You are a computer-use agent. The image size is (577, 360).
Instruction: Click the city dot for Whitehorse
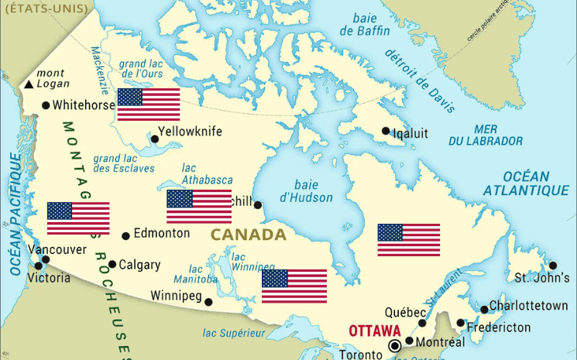tap(46, 105)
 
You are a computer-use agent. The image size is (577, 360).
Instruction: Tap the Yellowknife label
tap(190, 132)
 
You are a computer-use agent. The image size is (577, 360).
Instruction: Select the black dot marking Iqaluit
tap(386, 132)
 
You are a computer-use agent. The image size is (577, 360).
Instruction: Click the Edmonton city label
tap(161, 233)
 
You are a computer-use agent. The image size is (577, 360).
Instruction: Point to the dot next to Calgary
tap(112, 264)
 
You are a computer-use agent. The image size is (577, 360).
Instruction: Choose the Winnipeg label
tap(176, 296)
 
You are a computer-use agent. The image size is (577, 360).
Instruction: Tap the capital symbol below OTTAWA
tap(396, 345)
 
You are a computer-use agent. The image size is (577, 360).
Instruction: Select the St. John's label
tap(542, 278)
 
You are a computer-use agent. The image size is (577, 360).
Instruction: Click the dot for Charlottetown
tap(484, 310)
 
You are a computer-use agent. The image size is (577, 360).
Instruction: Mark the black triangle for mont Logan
tap(29, 84)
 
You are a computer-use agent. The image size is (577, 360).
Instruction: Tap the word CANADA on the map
tap(248, 234)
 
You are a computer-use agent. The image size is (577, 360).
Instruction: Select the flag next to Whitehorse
tap(149, 105)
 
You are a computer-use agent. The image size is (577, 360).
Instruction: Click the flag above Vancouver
tap(78, 218)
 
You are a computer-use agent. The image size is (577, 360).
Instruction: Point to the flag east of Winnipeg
tap(294, 286)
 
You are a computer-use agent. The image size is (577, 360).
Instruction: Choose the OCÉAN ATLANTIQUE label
tap(526, 183)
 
